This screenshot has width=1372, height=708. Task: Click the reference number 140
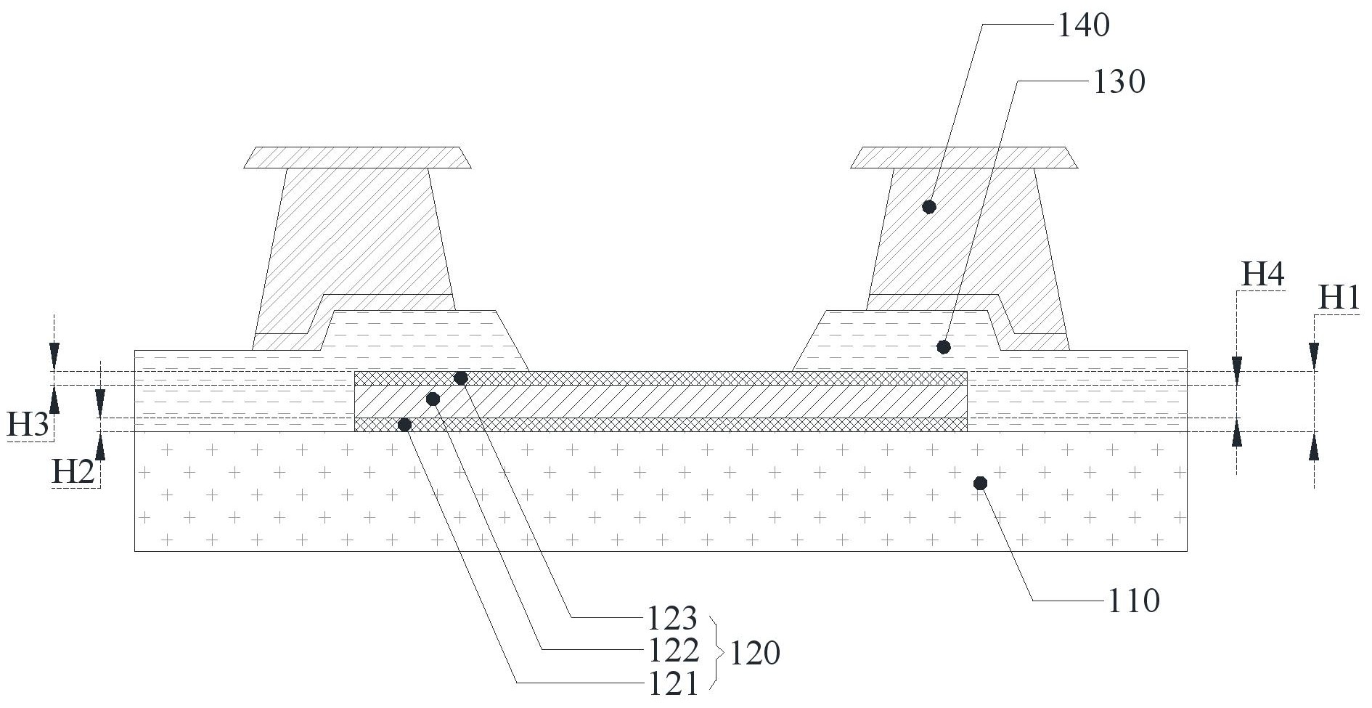click(x=1083, y=26)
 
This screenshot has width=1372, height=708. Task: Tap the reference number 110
click(x=1133, y=601)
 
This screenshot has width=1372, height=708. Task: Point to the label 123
click(x=671, y=619)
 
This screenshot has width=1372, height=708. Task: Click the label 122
click(x=671, y=651)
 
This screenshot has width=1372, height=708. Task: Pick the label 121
click(x=671, y=683)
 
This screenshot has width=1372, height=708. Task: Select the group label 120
click(x=755, y=654)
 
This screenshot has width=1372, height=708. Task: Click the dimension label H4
click(x=1263, y=275)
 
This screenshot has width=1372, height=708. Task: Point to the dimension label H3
click(x=28, y=425)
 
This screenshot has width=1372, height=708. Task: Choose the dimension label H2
click(x=73, y=473)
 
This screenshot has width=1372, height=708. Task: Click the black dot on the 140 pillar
click(x=929, y=207)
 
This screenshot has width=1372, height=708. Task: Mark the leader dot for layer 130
click(x=944, y=347)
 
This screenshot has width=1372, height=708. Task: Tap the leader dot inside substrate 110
click(x=980, y=483)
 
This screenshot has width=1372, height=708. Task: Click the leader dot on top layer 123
click(x=460, y=378)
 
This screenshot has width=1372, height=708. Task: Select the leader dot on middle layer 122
click(x=433, y=399)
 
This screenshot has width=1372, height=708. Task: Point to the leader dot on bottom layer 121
click(x=405, y=425)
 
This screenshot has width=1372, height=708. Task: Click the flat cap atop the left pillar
click(x=357, y=158)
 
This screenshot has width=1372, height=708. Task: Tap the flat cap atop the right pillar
click(x=964, y=158)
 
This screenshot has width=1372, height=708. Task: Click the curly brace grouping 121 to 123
click(x=716, y=651)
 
